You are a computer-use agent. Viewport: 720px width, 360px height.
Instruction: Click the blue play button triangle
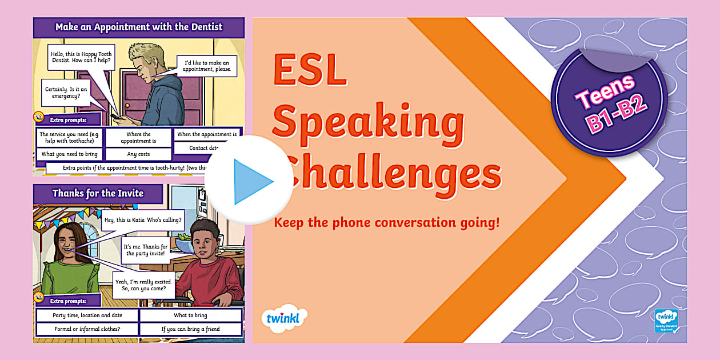coord(251,181)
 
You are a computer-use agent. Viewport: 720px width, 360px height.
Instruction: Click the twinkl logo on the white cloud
coord(284,317)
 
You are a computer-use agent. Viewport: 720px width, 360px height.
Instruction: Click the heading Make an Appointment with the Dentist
coord(139,27)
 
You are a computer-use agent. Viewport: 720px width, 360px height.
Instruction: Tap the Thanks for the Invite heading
coord(98,193)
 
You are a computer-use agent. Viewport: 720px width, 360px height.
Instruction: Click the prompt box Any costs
coord(138,154)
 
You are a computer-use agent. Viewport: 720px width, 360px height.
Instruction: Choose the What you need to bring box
coord(70,154)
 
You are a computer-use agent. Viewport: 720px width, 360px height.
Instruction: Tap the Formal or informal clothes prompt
coord(87,329)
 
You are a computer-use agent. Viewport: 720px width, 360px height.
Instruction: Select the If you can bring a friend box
coord(190,329)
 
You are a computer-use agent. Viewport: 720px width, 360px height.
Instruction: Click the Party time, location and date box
coord(87,315)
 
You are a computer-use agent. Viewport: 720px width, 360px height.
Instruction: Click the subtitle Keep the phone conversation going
coord(387,222)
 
